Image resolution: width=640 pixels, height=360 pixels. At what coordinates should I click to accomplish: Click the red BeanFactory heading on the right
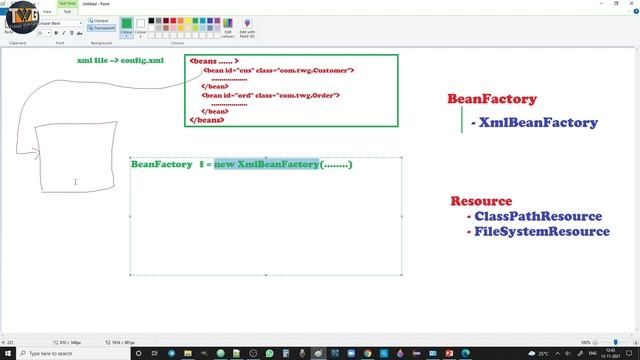491,100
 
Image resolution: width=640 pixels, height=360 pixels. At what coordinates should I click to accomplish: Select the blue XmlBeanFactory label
538,123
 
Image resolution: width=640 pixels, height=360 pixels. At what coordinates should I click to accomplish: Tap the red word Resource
481,201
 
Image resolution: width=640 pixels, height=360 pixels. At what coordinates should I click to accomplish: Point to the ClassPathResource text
538,216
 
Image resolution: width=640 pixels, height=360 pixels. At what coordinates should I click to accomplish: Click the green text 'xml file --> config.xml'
120,61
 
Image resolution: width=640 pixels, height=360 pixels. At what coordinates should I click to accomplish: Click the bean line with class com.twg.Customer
278,71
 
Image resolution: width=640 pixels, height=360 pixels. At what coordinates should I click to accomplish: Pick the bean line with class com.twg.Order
271,96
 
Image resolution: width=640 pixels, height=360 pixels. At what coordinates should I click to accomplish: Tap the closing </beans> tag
207,120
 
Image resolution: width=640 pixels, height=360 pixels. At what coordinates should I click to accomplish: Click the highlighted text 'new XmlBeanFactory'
266,164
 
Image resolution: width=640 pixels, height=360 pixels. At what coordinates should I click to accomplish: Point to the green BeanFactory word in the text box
161,164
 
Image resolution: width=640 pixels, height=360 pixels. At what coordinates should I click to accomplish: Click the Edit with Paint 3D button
247,27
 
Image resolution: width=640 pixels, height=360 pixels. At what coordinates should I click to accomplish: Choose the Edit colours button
228,27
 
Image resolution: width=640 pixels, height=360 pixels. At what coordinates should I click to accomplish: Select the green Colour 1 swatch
127,27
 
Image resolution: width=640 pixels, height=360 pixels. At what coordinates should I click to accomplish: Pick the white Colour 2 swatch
140,27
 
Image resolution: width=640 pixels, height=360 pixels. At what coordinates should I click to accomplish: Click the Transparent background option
102,28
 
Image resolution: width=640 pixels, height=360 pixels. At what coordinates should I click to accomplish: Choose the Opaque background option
101,20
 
